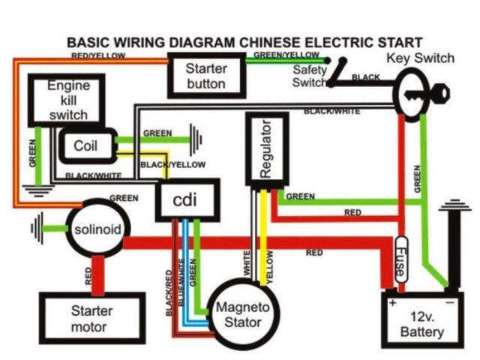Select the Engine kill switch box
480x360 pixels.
(x=67, y=100)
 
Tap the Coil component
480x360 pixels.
(x=86, y=147)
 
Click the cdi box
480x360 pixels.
(x=187, y=200)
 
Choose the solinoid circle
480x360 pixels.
(x=97, y=228)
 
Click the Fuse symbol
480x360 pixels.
(x=401, y=262)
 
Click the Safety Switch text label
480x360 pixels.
(x=310, y=75)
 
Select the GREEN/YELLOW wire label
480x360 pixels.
(x=286, y=55)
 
